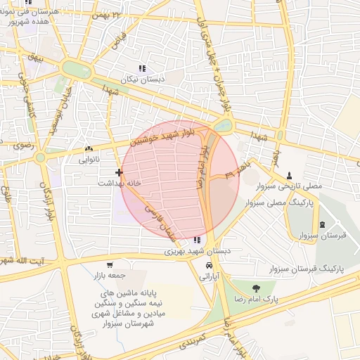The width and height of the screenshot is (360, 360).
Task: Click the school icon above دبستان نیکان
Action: tap(142, 69)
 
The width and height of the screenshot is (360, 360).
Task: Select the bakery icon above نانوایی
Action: tap(89, 149)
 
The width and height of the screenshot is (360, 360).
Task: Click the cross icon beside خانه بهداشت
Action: tap(118, 172)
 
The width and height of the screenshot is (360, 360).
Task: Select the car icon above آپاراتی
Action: tap(210, 266)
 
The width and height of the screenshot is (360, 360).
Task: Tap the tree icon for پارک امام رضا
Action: tap(255, 288)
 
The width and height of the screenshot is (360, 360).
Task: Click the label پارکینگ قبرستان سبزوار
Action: tap(306, 269)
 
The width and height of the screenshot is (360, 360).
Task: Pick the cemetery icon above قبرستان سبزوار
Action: tap(322, 225)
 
